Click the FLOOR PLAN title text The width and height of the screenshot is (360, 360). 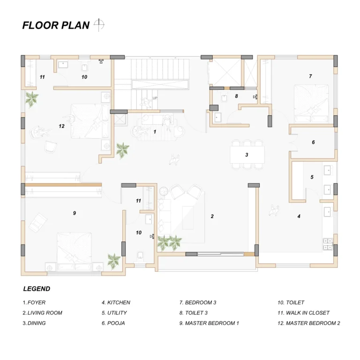coord(56,25)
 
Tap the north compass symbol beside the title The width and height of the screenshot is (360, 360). coord(99,24)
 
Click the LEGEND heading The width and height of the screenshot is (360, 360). coord(37,289)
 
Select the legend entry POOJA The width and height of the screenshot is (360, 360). coord(113,323)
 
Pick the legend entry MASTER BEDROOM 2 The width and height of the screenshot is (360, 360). coord(309,323)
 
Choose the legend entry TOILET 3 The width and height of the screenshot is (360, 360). coord(194,313)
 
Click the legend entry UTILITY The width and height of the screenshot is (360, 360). coord(114,313)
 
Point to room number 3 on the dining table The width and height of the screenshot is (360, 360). coord(247,155)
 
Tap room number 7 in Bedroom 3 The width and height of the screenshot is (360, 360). coord(310,76)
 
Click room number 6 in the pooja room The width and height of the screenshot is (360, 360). coord(313,142)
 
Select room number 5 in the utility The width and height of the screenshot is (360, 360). coord(312,177)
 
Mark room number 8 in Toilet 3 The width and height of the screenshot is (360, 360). coord(236,96)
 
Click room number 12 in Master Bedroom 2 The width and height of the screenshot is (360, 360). coord(61,126)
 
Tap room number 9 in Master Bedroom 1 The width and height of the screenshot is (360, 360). coord(75,213)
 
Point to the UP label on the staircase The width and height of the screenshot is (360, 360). coord(155,98)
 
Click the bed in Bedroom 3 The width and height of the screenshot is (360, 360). coord(311,104)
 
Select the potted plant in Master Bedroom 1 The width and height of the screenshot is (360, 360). coord(114,261)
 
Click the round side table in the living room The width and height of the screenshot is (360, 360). coord(164,191)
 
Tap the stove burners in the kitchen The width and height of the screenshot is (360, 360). coord(328,244)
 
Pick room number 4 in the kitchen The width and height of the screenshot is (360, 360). coord(299,216)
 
